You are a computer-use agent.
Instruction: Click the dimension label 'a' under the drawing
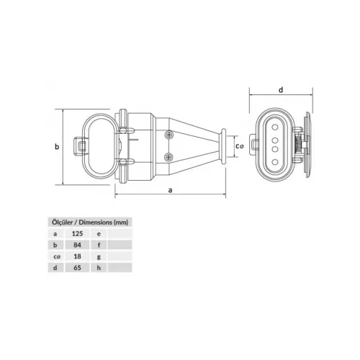(170, 190)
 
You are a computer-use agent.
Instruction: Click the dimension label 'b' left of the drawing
(57, 146)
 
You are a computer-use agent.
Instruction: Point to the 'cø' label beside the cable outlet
(239, 145)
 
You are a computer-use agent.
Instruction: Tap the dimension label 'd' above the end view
(281, 90)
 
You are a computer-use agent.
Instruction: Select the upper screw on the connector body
(169, 135)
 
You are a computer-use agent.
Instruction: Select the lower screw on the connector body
(169, 157)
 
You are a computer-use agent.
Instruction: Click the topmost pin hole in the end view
(275, 127)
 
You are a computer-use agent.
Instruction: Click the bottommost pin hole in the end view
(275, 162)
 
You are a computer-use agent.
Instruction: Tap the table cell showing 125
(77, 233)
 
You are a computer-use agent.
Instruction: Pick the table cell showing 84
(77, 245)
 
